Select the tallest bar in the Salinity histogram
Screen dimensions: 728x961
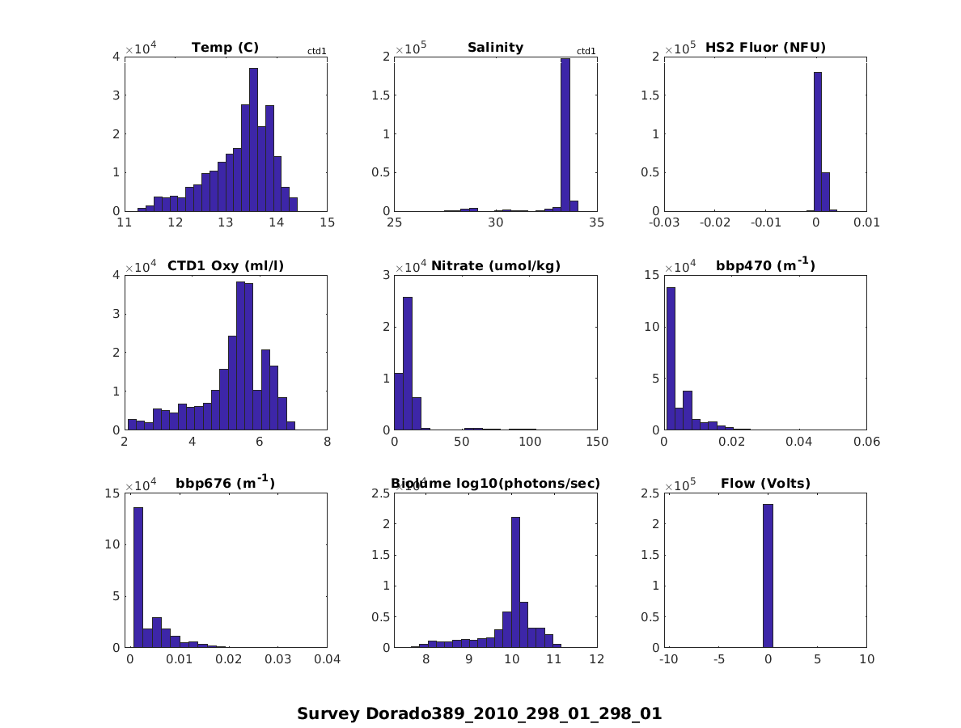[x=565, y=134]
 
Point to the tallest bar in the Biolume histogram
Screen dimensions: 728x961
[x=515, y=582]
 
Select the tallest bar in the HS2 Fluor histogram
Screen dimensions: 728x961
[x=818, y=142]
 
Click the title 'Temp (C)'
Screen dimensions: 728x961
[x=225, y=48]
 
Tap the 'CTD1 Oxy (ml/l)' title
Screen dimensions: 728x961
[x=225, y=265]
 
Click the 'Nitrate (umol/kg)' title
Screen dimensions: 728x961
[x=495, y=265]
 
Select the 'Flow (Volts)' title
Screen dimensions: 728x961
[x=765, y=484]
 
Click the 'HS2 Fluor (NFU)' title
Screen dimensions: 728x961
[x=765, y=48]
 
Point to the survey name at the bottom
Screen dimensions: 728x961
[x=479, y=713]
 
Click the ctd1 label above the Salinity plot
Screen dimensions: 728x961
[x=586, y=52]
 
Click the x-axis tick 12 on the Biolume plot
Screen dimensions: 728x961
[x=597, y=660]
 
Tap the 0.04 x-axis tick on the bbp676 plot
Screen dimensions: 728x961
[x=327, y=660]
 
